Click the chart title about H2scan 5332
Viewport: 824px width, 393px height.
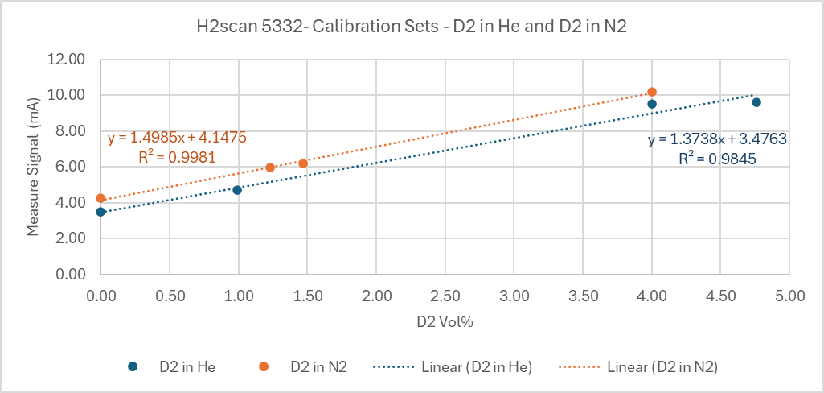point(412,26)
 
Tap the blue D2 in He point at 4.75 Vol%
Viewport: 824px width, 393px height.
point(756,102)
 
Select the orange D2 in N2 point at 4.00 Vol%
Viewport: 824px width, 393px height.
point(652,92)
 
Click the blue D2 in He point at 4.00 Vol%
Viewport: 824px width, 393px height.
point(652,104)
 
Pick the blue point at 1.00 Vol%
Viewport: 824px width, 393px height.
point(237,190)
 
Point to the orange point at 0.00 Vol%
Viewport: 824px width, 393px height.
point(100,198)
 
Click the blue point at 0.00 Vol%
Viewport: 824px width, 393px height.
point(100,212)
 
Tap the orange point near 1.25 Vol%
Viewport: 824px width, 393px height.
point(270,168)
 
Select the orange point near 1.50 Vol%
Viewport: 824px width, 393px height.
point(303,163)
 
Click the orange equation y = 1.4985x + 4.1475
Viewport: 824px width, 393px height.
point(177,138)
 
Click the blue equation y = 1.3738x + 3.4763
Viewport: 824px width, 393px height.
point(717,139)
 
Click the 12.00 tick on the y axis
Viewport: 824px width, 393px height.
point(66,60)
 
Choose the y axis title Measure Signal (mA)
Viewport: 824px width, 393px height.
point(33,167)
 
